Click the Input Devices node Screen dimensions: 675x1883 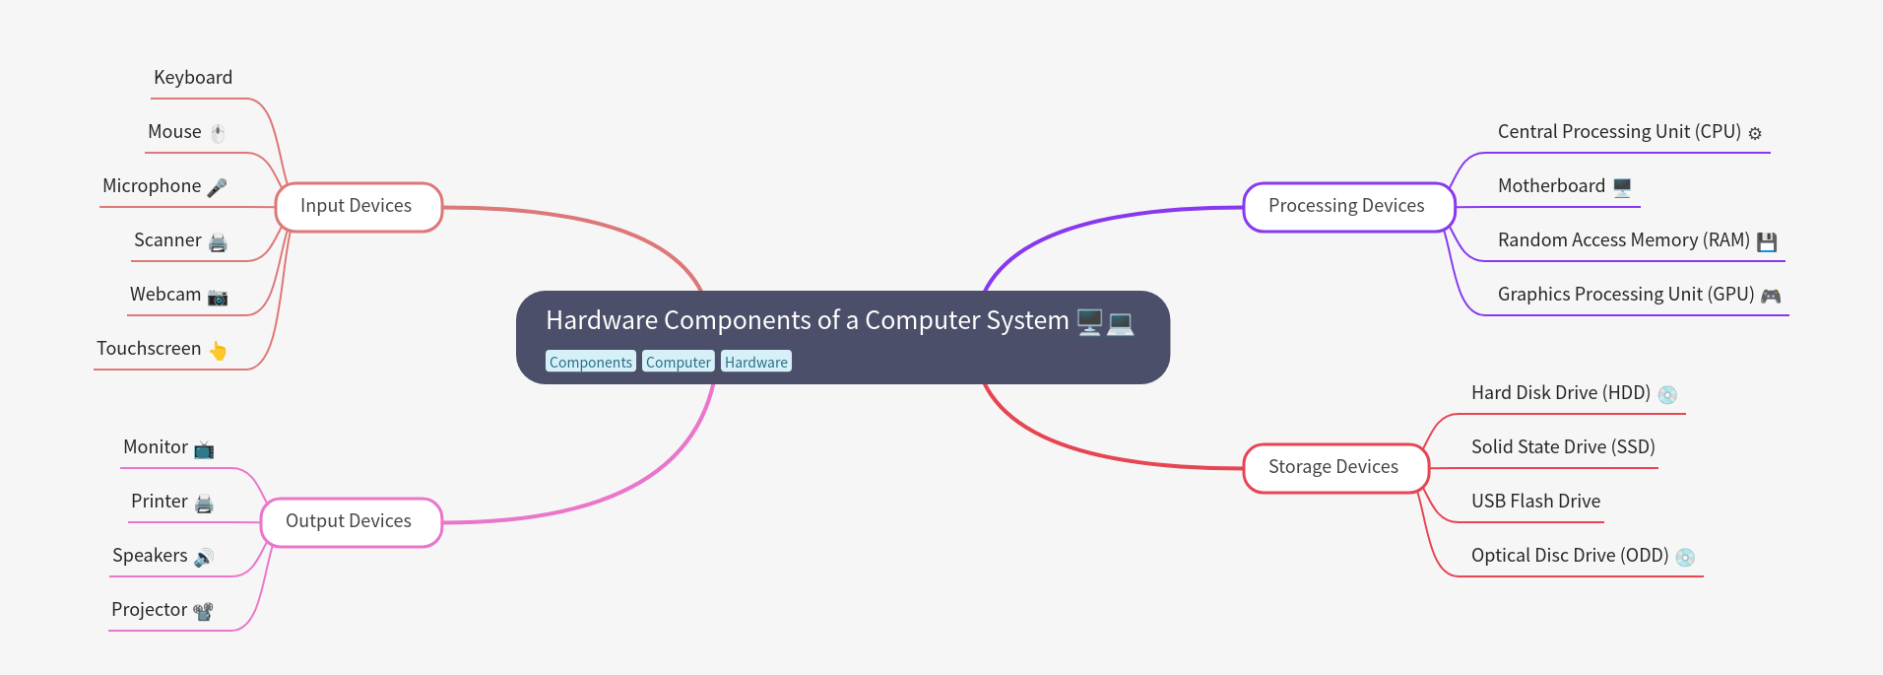(357, 207)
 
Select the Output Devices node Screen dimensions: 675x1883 (350, 522)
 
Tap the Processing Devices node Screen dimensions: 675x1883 (1347, 207)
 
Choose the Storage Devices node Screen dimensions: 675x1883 (1334, 468)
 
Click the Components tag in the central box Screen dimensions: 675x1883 (590, 363)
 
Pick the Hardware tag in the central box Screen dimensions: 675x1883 (755, 363)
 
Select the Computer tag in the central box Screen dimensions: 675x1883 (678, 363)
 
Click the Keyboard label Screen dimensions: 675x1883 (193, 78)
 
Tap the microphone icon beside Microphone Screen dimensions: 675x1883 (218, 187)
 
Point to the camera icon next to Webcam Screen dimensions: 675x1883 (218, 297)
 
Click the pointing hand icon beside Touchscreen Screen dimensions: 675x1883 (218, 351)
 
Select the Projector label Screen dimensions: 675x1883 (149, 610)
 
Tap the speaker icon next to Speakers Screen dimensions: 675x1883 (204, 558)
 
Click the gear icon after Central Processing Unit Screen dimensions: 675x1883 (1755, 133)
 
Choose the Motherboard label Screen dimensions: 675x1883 (1551, 186)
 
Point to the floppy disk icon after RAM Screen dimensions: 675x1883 (1767, 242)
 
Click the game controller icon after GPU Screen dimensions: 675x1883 (1771, 296)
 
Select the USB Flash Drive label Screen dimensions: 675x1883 (1535, 502)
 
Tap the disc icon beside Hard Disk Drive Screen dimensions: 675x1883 (1667, 395)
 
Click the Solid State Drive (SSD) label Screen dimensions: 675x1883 (1563, 447)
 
